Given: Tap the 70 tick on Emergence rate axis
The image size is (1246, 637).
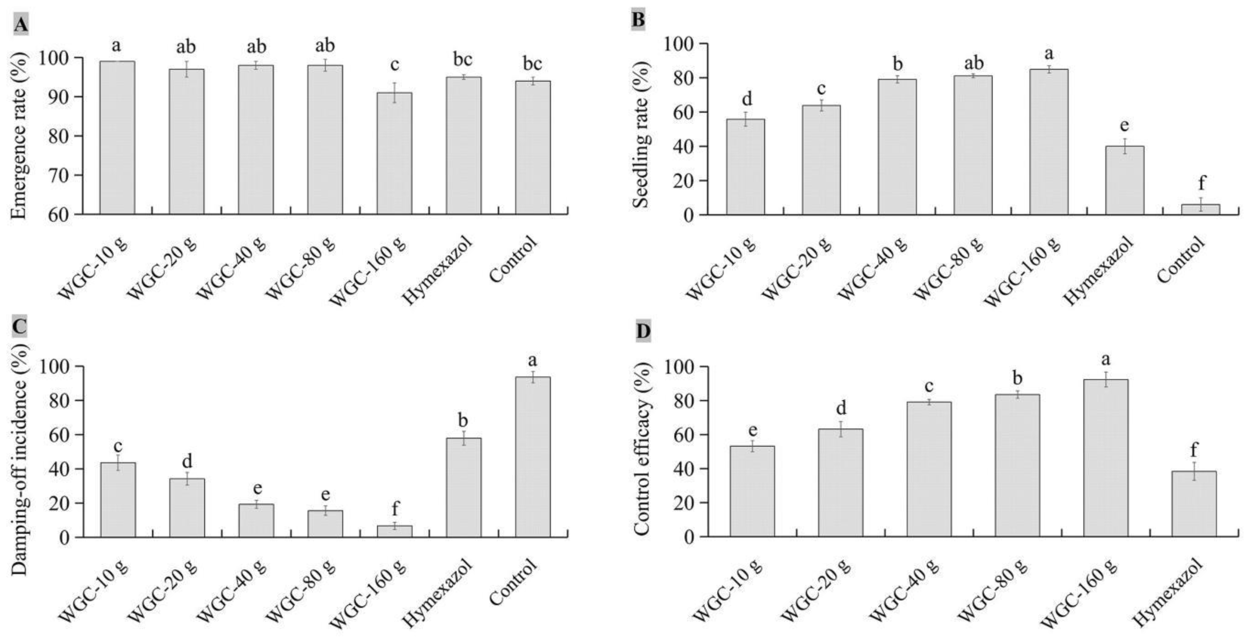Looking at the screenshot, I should (x=60, y=175).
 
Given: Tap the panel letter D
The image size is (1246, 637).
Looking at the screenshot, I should (x=643, y=332).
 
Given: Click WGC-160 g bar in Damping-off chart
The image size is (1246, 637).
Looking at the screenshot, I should (x=394, y=531).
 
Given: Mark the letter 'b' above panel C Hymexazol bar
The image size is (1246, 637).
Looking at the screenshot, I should (x=463, y=420).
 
